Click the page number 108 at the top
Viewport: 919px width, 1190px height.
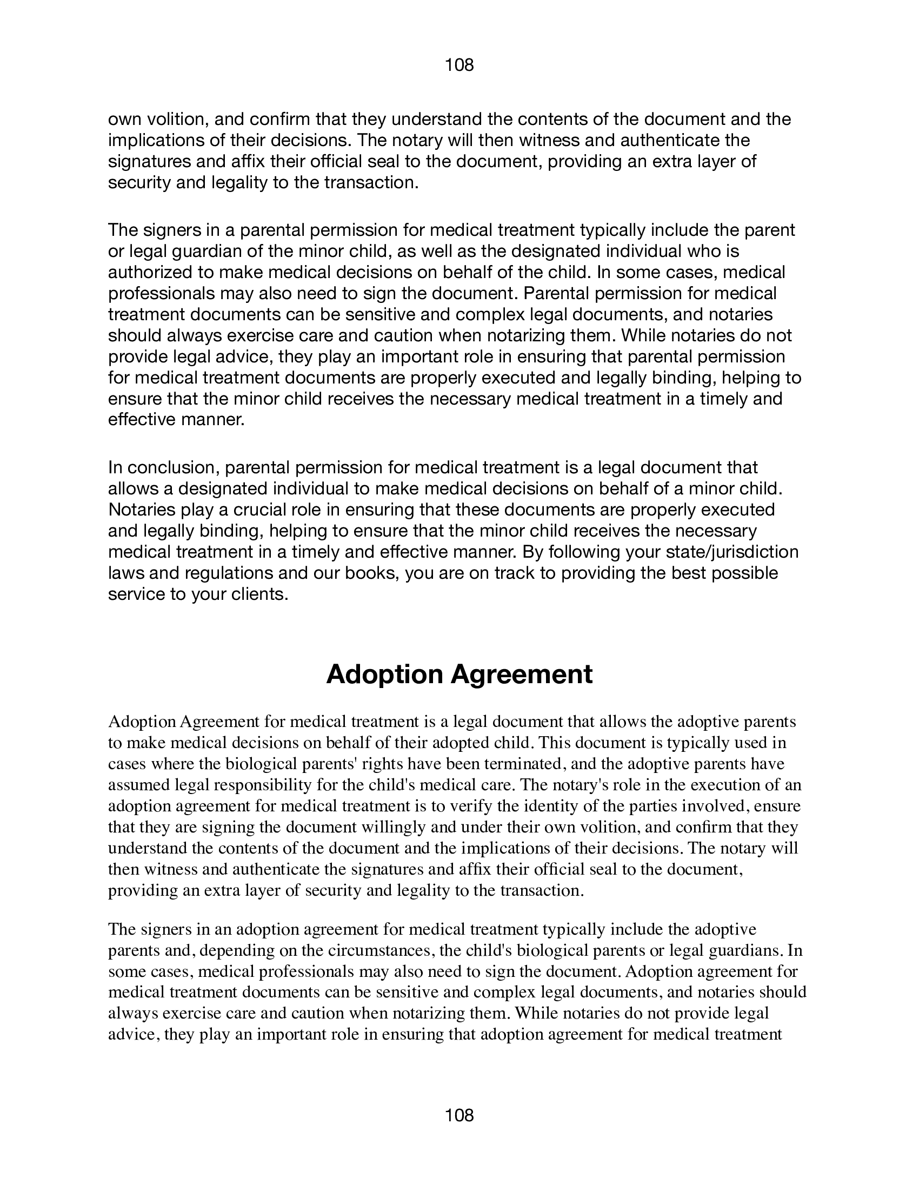click(x=459, y=65)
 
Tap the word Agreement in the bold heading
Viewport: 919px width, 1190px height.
click(x=521, y=675)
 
